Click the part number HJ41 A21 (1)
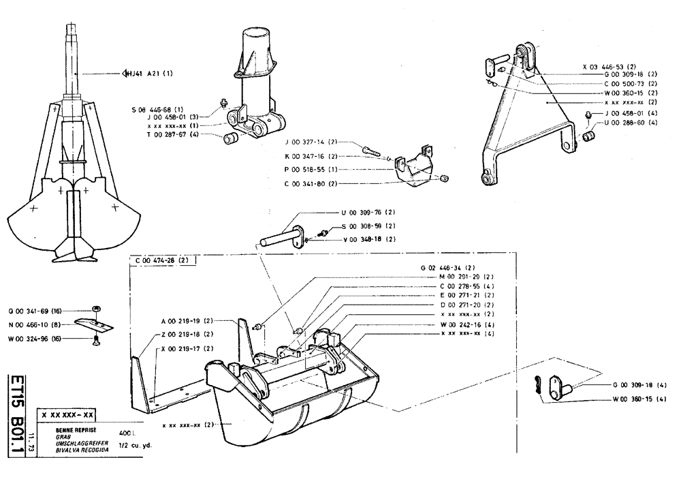(x=149, y=73)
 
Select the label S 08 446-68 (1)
(x=158, y=109)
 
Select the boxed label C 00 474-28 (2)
(x=163, y=260)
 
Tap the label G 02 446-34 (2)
(x=452, y=268)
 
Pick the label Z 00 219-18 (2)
(x=188, y=334)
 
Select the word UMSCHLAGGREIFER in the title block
(x=72, y=442)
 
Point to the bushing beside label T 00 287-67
(x=229, y=139)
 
